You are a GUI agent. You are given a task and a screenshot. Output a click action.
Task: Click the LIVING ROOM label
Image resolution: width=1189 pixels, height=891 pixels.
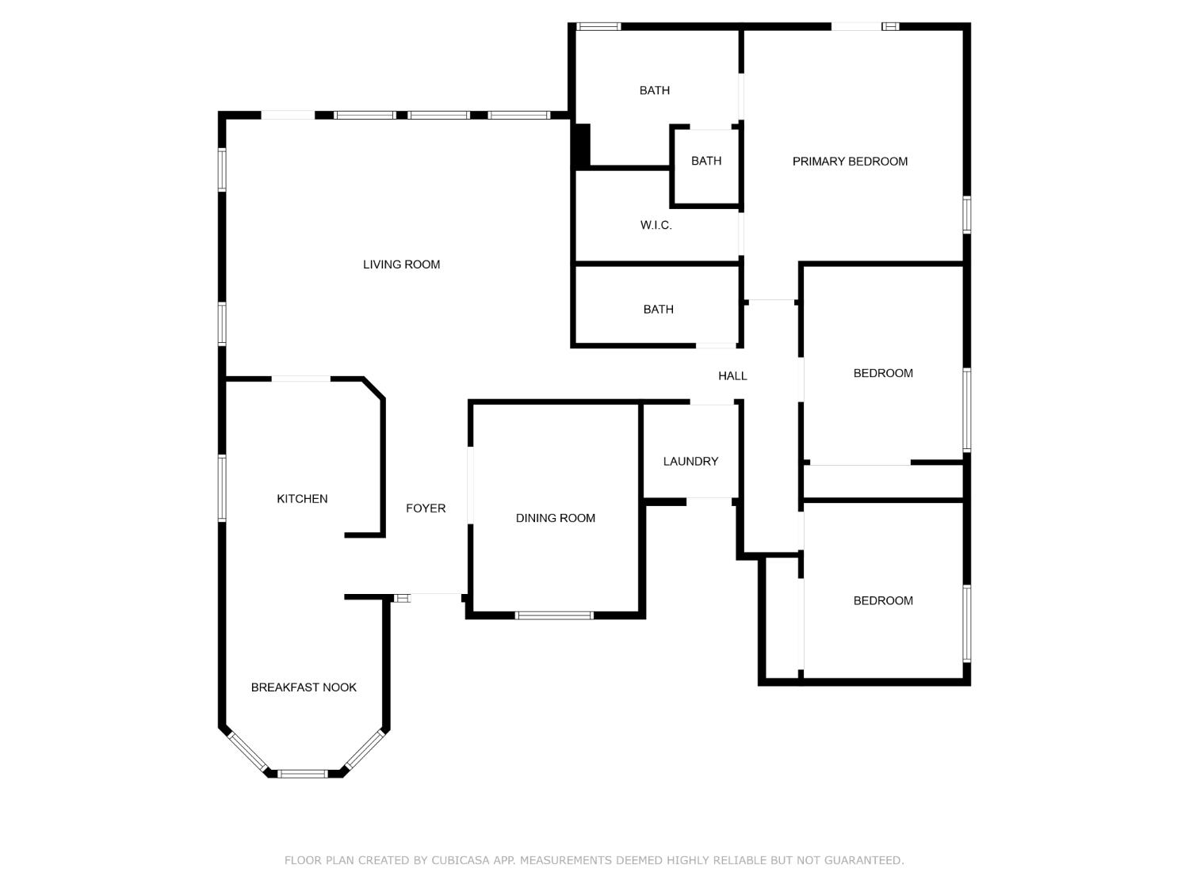(401, 265)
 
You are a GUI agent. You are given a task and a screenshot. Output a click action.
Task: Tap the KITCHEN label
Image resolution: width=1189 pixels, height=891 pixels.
(302, 499)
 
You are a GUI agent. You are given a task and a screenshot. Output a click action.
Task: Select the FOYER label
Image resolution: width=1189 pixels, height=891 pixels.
(426, 508)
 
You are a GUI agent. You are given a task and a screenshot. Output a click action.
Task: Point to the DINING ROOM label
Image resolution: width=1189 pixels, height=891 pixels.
(555, 518)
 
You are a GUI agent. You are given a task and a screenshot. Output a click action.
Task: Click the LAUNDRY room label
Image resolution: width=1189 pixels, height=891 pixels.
(690, 461)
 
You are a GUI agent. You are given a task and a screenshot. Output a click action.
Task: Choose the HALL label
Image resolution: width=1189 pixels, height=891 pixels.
(732, 376)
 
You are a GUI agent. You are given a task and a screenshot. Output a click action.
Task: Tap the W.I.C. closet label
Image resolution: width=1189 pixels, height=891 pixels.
(656, 226)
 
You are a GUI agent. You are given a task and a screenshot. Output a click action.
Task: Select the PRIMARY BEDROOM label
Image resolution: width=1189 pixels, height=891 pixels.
(850, 162)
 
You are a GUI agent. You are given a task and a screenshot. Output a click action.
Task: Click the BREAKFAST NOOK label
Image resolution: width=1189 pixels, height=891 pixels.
(304, 687)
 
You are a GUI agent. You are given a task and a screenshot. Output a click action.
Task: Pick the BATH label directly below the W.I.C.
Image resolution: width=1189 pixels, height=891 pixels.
(658, 310)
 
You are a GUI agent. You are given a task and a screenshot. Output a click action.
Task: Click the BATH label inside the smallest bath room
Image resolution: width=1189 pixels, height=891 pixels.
(705, 161)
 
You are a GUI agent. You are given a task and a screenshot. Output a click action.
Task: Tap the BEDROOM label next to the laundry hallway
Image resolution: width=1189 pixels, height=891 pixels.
(883, 373)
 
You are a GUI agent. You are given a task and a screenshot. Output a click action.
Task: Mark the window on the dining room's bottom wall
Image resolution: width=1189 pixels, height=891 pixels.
(554, 615)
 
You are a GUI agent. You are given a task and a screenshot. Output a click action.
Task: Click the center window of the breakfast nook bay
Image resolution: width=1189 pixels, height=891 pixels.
(303, 773)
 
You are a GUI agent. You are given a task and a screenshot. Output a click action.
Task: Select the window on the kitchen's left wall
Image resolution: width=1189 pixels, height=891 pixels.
(223, 488)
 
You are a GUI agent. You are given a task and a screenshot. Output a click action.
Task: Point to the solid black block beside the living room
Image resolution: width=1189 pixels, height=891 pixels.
(582, 146)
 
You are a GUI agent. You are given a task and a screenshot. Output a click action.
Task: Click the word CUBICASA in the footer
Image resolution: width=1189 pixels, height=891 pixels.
(462, 860)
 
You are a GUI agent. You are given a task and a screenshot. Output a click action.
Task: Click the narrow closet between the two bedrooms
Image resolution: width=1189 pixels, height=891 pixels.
(883, 482)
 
